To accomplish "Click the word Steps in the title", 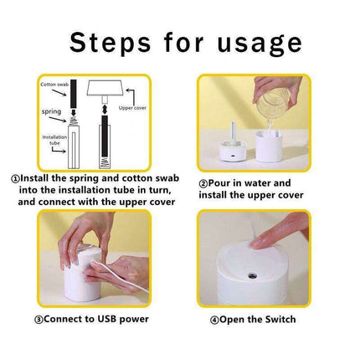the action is coord(110,43).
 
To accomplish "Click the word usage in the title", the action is coord(260,44).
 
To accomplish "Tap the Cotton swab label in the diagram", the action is coord(54,85).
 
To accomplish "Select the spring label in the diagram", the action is coord(51,111).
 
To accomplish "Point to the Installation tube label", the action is coord(54,140).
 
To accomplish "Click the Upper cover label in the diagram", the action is coord(132,108).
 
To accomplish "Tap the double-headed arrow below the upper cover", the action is coord(105,109).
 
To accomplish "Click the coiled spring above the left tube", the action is coord(74,121).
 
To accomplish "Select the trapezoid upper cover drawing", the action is coord(105,88).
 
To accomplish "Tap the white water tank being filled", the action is coord(269,147).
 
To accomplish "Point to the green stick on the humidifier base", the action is coord(234,131).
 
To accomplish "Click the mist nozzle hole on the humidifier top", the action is coord(252,276).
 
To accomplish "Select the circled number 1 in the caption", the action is coord(16,178).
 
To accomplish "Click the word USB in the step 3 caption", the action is coord(107,319).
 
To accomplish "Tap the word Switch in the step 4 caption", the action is coord(280,319).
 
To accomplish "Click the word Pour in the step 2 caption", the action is coord(219,183).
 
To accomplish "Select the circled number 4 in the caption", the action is coord(214,320).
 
